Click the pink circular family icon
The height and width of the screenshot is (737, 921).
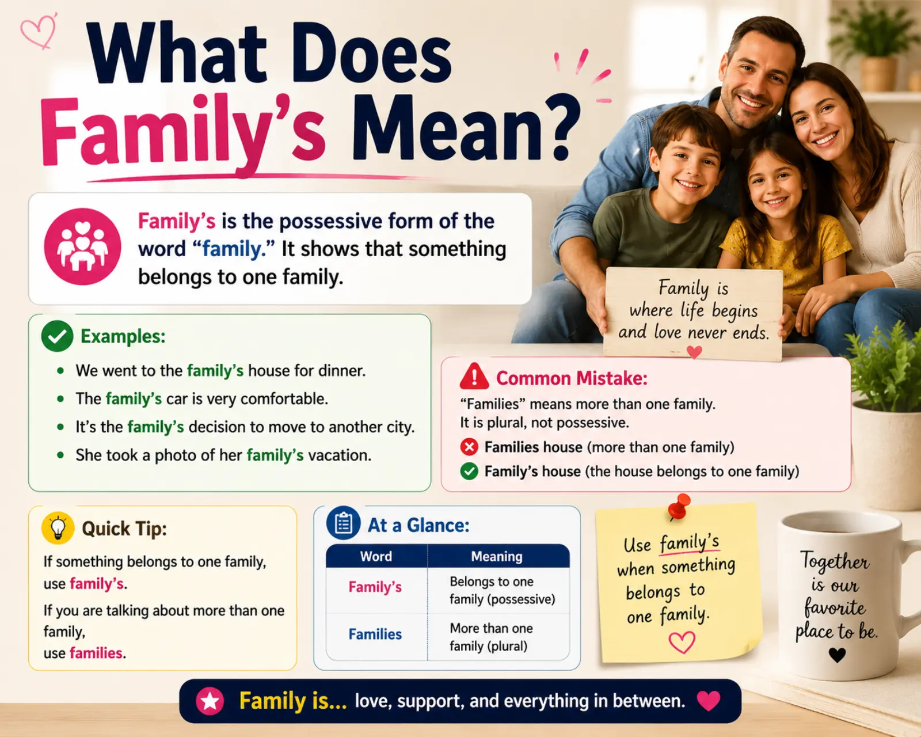pos(82,246)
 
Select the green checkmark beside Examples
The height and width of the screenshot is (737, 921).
pos(57,336)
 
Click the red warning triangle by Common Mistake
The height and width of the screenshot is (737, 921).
pos(474,377)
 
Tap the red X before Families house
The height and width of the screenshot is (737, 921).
pos(469,447)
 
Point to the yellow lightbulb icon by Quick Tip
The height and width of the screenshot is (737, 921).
pos(58,528)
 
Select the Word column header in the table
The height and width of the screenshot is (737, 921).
pos(376,556)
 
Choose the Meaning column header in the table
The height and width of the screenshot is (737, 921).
pos(496,556)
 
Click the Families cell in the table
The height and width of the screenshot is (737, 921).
pos(375,634)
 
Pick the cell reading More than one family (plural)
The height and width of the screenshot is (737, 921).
pos(491,637)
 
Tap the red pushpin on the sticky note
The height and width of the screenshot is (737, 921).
pos(680,506)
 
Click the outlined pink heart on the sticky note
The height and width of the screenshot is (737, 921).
pos(682,643)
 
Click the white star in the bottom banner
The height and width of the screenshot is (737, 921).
pos(210,701)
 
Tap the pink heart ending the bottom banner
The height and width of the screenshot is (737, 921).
pos(708,701)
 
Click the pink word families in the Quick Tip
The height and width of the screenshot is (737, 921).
pos(96,653)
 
